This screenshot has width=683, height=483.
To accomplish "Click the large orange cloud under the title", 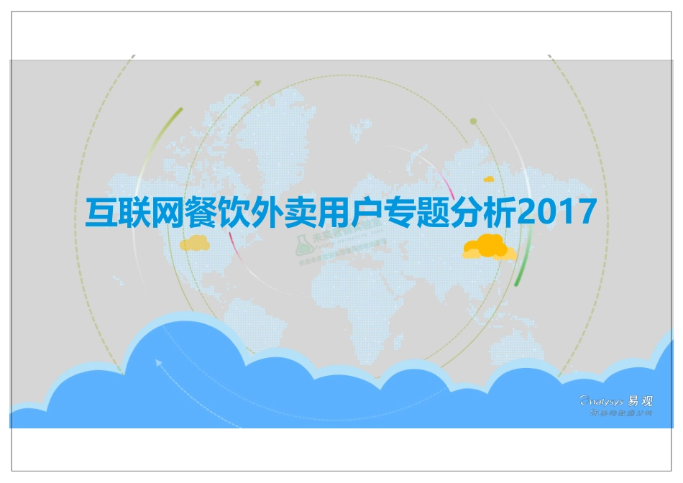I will [490, 247].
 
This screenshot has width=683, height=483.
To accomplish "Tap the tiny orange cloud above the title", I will [489, 178].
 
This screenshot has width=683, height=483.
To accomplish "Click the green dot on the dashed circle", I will [473, 121].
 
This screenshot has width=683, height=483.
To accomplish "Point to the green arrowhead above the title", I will [257, 83].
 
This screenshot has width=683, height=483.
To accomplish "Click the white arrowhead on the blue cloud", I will [158, 363].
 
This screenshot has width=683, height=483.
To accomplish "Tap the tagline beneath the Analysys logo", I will [620, 414].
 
